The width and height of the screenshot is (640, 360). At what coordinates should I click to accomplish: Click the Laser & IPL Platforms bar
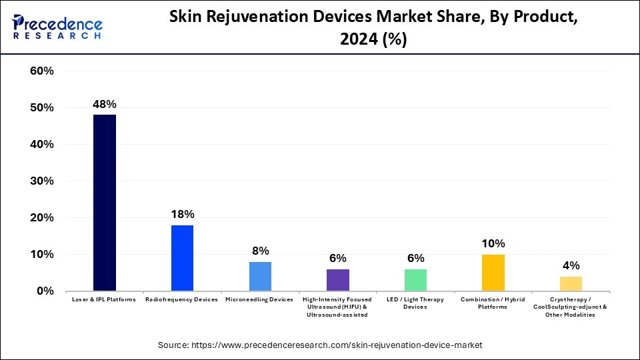click(105, 203)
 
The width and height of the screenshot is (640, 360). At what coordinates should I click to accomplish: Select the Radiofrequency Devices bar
click(182, 258)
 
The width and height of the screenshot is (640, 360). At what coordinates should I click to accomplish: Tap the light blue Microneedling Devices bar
click(260, 276)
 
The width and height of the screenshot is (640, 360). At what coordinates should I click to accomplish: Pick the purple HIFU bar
click(338, 280)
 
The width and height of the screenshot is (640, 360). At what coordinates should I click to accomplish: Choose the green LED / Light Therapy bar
click(415, 280)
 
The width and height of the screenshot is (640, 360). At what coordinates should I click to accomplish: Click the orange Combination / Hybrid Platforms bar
click(493, 273)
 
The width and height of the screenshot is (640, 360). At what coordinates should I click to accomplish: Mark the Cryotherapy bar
click(571, 283)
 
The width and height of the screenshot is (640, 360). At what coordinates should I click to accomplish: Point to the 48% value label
click(105, 104)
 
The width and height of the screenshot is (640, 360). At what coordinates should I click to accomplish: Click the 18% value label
click(182, 214)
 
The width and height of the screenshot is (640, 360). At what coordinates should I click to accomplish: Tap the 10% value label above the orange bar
click(493, 243)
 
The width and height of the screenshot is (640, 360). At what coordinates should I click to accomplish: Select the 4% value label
click(571, 265)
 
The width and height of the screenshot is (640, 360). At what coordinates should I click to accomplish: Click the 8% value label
click(260, 251)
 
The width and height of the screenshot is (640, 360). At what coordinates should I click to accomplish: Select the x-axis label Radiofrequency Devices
click(182, 300)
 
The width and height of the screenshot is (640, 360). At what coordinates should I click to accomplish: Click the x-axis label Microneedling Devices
click(260, 300)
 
